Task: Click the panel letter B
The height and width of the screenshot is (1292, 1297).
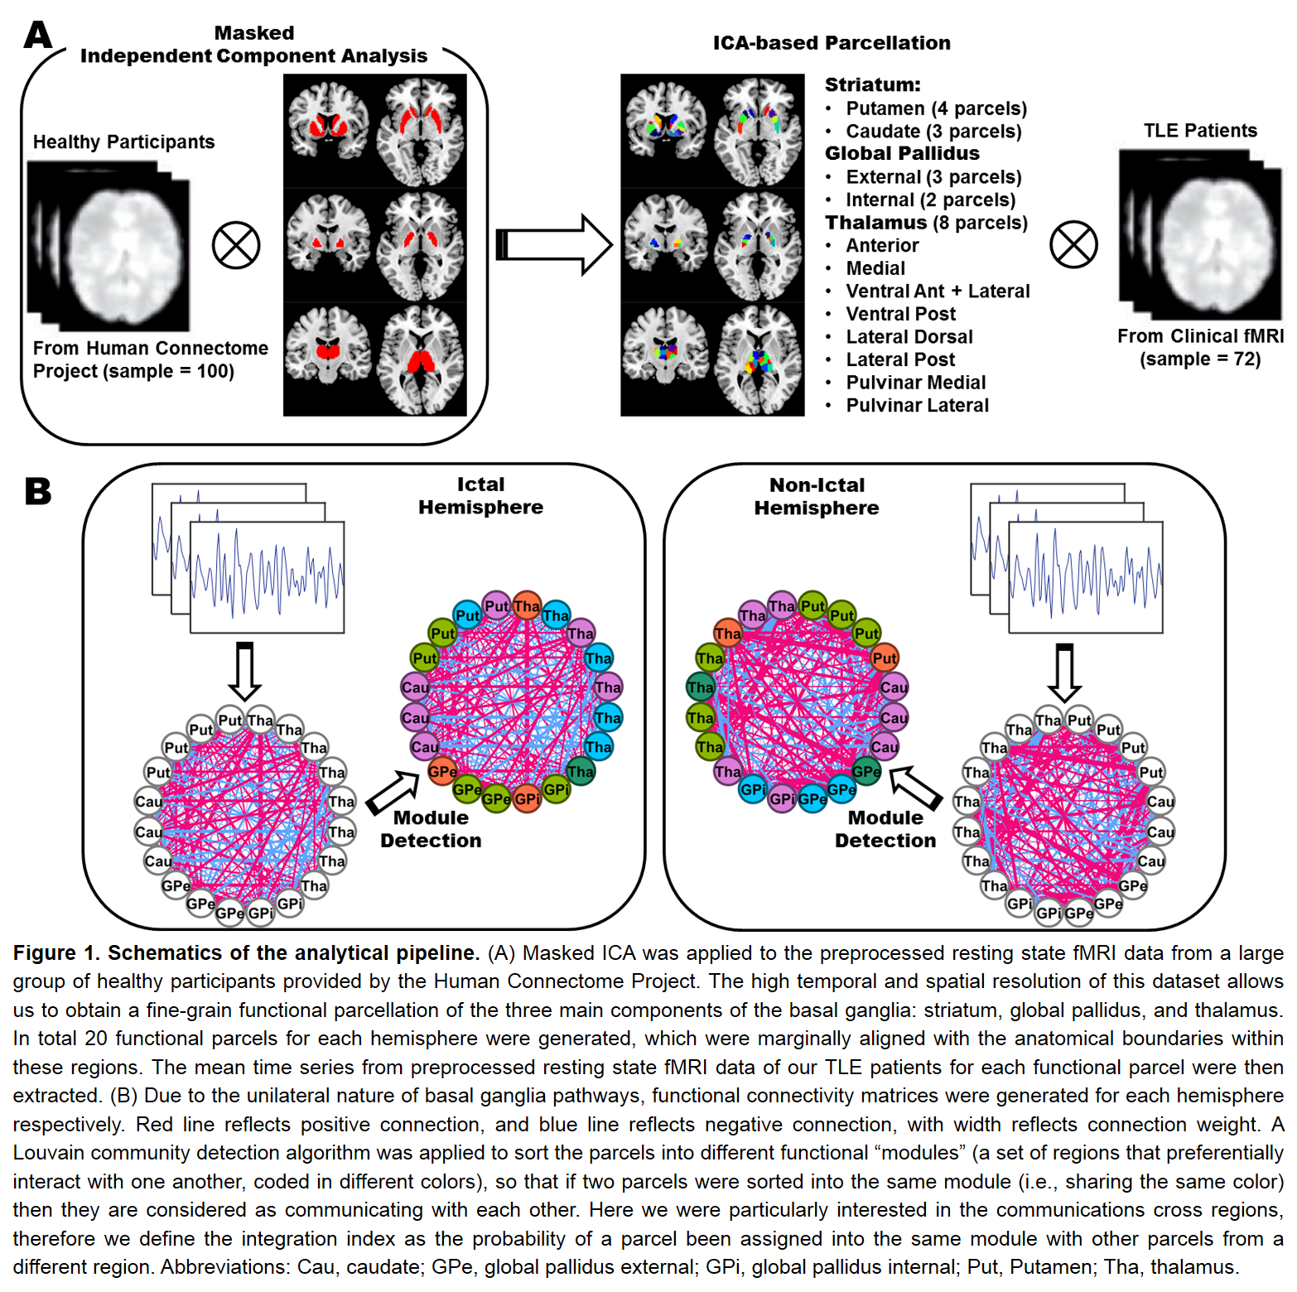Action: pos(38,491)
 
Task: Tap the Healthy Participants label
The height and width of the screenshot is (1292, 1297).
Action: pos(123,142)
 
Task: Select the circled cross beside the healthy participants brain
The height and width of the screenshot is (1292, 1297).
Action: pos(236,245)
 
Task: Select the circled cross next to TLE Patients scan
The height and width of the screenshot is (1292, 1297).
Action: pos(1073,245)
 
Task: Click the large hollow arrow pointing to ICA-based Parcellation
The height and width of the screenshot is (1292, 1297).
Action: pos(554,244)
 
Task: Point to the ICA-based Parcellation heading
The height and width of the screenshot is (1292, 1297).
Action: pos(832,43)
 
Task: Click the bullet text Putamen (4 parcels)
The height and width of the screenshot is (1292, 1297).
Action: pos(936,108)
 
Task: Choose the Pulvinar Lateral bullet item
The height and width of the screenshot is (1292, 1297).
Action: pos(917,405)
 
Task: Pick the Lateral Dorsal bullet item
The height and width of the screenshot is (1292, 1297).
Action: pos(909,337)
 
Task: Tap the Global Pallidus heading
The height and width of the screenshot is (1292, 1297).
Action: pos(902,153)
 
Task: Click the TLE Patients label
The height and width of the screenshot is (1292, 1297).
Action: pos(1200,131)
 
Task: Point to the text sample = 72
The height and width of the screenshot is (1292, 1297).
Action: pos(1200,359)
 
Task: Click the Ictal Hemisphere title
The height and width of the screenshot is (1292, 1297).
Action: pos(480,496)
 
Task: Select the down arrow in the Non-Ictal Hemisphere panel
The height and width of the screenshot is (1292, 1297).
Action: pos(1064,672)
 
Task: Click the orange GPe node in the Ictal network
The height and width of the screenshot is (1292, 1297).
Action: pos(442,772)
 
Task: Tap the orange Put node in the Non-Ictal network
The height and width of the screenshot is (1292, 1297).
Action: pos(885,658)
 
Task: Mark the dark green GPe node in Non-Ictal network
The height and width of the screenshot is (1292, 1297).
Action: pos(866,772)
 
